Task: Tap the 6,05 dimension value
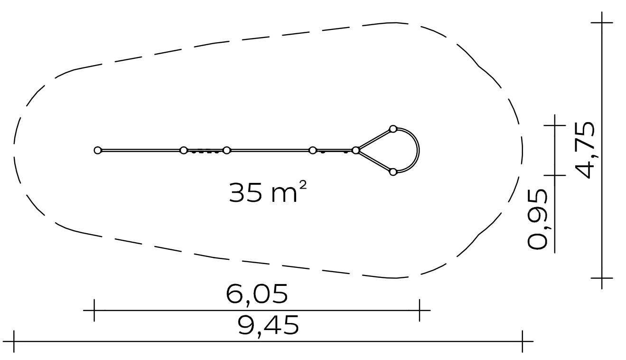257,294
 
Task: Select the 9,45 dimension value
268,325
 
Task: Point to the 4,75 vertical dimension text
584,150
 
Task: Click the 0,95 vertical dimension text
537,219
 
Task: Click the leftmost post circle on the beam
97,151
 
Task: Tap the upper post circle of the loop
393,129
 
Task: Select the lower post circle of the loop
393,172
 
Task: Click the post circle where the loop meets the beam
355,151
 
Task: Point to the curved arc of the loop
419,151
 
